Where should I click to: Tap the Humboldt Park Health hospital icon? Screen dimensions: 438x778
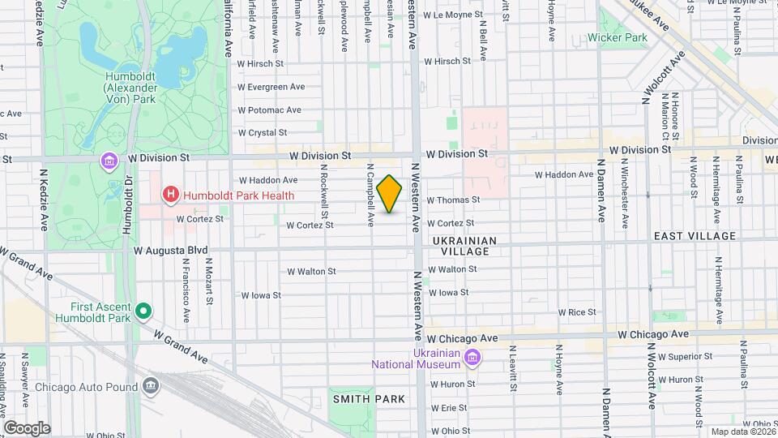click(170, 195)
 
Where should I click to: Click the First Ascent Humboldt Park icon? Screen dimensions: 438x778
click(143, 311)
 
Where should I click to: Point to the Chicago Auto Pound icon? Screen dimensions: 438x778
click(151, 386)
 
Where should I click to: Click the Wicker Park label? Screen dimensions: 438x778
click(617, 37)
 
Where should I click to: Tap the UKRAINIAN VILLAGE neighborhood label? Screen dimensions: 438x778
click(460, 246)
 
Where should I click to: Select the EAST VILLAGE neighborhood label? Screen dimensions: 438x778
click(695, 236)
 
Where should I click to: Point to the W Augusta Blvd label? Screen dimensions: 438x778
click(171, 251)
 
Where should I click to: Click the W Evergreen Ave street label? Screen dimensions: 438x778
click(270, 87)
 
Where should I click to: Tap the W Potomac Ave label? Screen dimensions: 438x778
click(269, 109)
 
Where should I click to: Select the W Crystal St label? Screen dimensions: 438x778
click(262, 132)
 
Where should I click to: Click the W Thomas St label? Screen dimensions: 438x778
click(453, 200)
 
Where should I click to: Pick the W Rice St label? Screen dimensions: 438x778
click(577, 311)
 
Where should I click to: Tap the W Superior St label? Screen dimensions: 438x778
click(684, 356)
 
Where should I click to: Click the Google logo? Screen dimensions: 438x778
click(27, 428)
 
